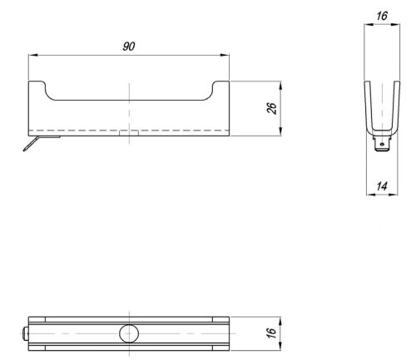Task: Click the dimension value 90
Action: coord(129,47)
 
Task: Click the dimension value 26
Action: coord(272,108)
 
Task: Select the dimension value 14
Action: coord(382,186)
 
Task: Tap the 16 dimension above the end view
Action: coord(382,16)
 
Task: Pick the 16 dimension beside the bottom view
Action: coord(271,333)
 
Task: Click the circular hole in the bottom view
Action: coord(129,333)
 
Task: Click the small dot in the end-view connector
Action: coord(382,144)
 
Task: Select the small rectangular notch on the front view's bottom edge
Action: coord(129,133)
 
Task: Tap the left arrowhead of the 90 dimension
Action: coord(32,55)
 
